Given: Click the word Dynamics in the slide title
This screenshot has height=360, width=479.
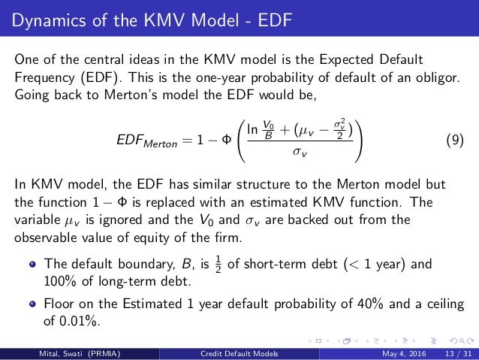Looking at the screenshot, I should tap(46, 17).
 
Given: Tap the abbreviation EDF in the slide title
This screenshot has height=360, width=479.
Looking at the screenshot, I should tap(267, 17).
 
